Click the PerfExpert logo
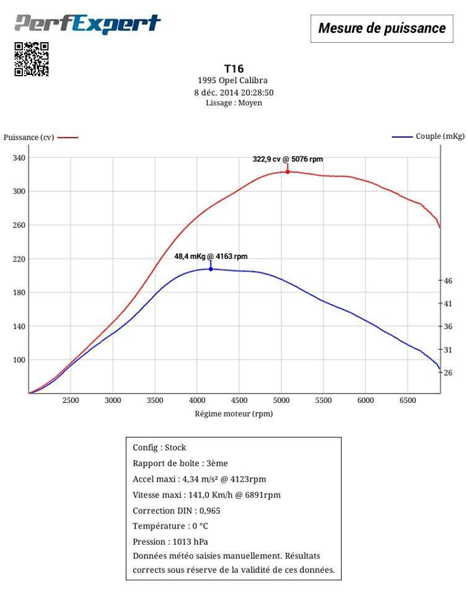pyautogui.click(x=87, y=24)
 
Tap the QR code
pyautogui.click(x=32, y=59)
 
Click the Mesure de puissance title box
pyautogui.click(x=381, y=28)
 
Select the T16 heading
pyautogui.click(x=234, y=69)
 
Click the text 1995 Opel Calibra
pyautogui.click(x=233, y=81)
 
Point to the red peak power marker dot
pyautogui.click(x=288, y=171)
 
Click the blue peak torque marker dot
pyautogui.click(x=211, y=269)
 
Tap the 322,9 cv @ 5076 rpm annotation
pyautogui.click(x=288, y=159)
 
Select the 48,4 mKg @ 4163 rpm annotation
pyautogui.click(x=211, y=256)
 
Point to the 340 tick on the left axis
pyautogui.click(x=19, y=158)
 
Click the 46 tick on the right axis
pyautogui.click(x=448, y=281)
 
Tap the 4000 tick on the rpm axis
pyautogui.click(x=197, y=400)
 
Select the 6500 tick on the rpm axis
pyautogui.click(x=407, y=400)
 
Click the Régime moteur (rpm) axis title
pyautogui.click(x=234, y=413)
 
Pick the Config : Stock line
pyautogui.click(x=159, y=447)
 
